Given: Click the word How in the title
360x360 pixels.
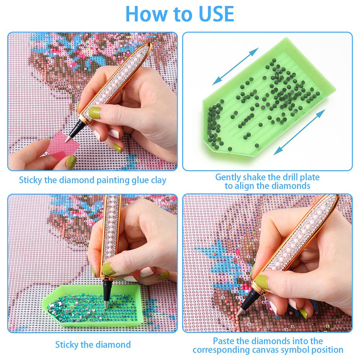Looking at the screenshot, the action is click(147, 14).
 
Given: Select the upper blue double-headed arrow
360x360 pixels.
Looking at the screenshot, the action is click(235, 66).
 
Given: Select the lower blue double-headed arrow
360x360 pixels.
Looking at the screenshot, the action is click(300, 132).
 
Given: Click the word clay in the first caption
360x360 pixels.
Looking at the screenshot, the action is click(158, 180).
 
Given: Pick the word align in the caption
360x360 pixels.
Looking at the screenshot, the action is click(244, 186).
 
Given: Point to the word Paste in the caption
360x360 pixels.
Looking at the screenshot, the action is click(224, 341).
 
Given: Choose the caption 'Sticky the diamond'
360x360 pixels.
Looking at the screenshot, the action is click(93, 345).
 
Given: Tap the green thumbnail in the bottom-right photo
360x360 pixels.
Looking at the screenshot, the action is click(261, 282).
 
